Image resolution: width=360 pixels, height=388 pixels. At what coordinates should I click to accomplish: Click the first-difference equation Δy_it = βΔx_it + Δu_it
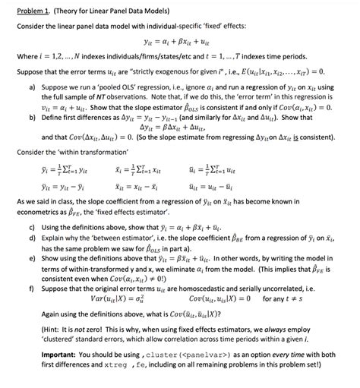pos(180,128)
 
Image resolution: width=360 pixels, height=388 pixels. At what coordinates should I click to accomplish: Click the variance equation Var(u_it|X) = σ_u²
pos(99,300)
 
